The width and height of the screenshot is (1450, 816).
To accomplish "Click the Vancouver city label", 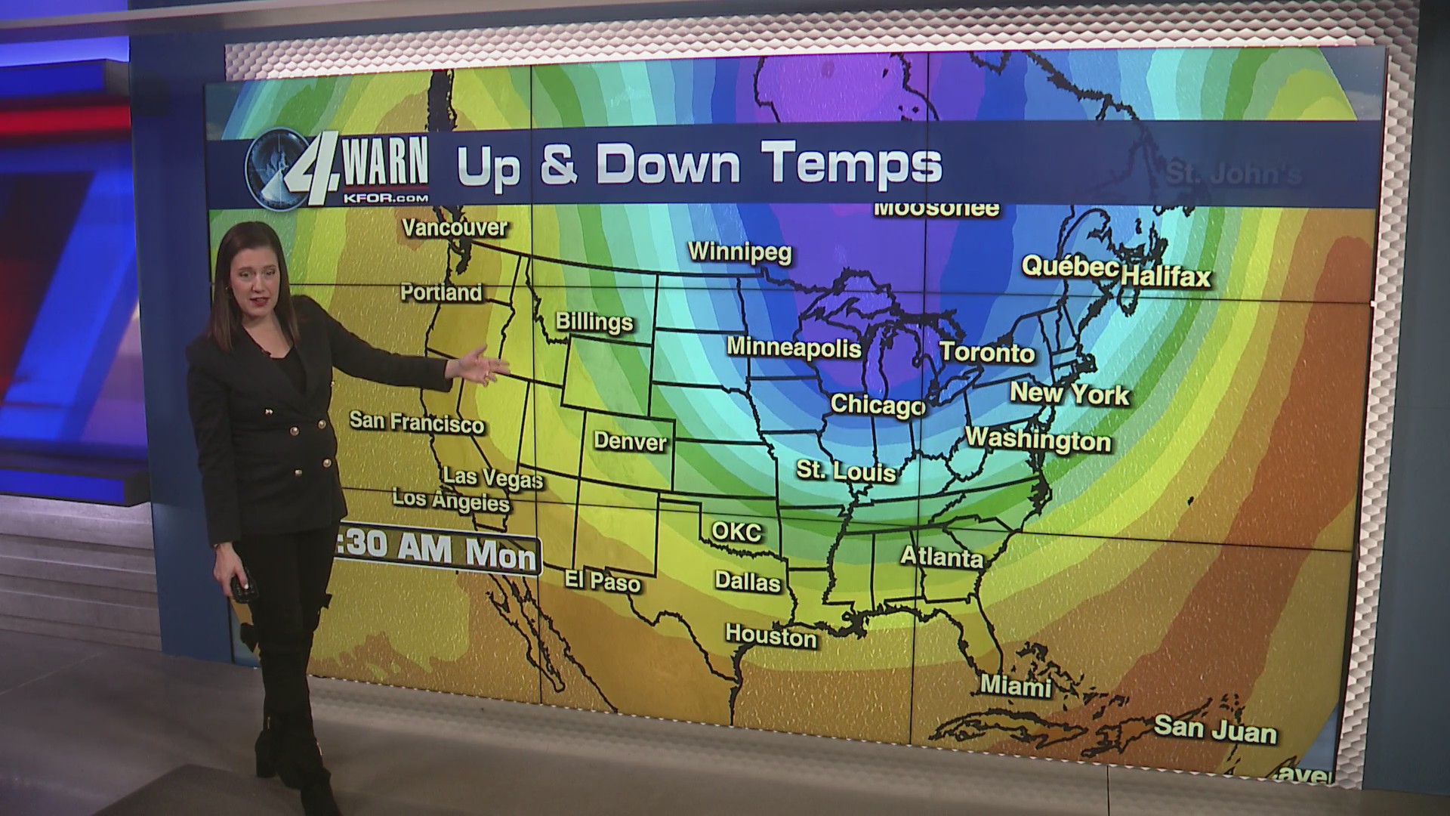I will (455, 227).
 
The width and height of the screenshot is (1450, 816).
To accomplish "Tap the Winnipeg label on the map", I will (739, 252).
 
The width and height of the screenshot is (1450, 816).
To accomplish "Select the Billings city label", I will (594, 323).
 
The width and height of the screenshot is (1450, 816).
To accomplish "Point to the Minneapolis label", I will (794, 348).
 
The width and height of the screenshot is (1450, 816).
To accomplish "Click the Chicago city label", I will (878, 405).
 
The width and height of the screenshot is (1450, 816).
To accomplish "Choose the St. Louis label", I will (846, 471).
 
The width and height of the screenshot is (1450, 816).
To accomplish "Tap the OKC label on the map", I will (736, 532).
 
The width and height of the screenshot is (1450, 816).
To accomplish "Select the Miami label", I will (1016, 686).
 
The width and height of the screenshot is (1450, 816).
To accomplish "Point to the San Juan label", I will (1215, 730).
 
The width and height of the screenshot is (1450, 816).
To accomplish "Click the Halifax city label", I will (1165, 277).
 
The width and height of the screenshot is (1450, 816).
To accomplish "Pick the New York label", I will (1069, 393).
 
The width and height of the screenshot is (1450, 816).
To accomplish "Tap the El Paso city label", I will (603, 581).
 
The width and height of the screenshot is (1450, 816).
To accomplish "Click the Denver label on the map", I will (630, 441).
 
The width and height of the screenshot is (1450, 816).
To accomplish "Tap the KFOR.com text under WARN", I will (385, 197).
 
